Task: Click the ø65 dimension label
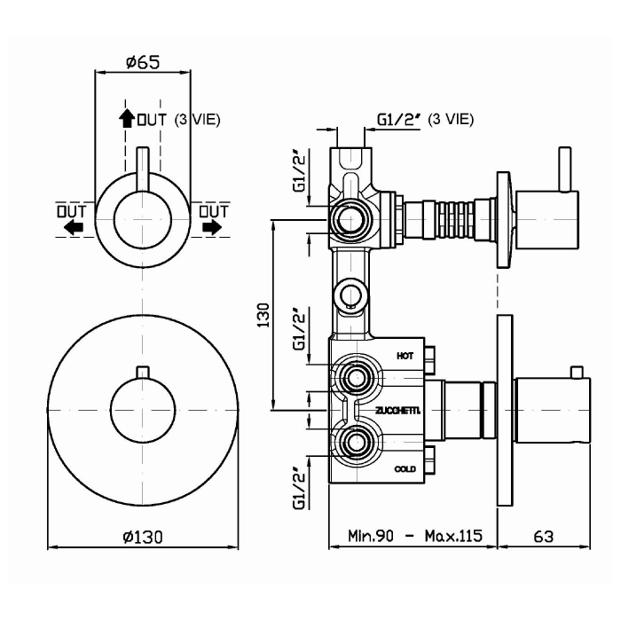click(142, 62)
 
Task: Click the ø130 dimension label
click(142, 536)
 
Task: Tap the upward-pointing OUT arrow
click(126, 118)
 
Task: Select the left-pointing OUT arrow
click(72, 227)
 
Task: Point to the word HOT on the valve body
click(405, 355)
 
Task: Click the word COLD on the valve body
click(405, 468)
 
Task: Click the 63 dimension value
click(544, 536)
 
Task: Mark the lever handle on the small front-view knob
click(142, 169)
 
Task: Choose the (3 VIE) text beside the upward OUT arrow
click(197, 119)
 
